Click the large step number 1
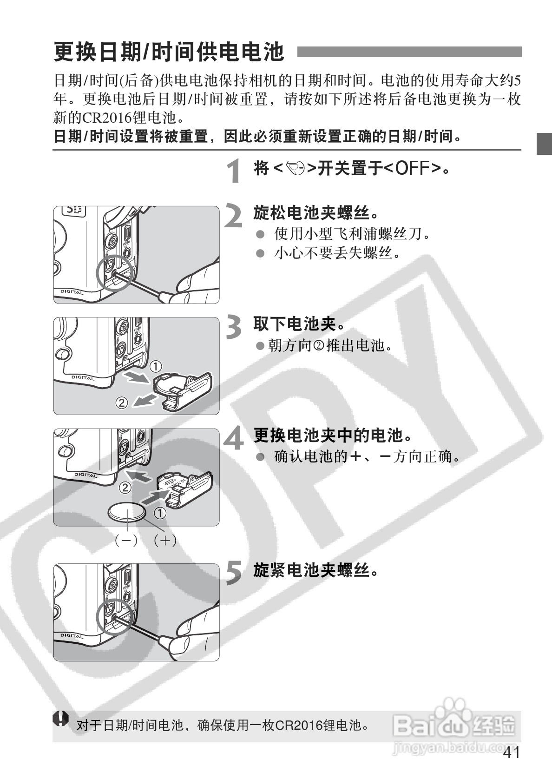[235, 171]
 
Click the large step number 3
[234, 327]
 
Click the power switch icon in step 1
[296, 168]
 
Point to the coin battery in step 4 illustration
[127, 513]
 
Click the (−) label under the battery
[126, 540]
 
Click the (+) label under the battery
[165, 540]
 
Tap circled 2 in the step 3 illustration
[121, 402]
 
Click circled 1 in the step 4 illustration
[160, 513]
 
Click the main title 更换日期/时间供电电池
[168, 52]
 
